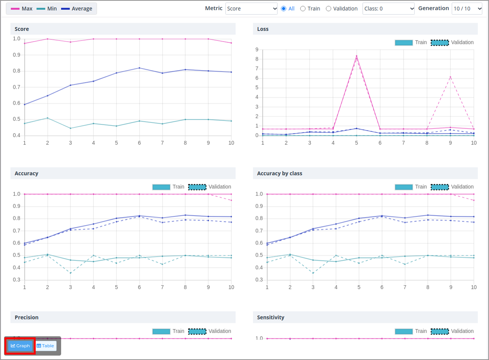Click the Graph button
[20, 346]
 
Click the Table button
[45, 346]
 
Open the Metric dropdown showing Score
[251, 9]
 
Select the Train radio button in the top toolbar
[303, 9]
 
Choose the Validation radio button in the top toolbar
[329, 9]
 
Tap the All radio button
[284, 9]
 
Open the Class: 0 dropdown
[388, 9]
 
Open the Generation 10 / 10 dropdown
[467, 9]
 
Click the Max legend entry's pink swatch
[15, 9]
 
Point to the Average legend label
[82, 9]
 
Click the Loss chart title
[263, 29]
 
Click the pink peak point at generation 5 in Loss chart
[356, 56]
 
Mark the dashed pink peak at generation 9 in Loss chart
[450, 77]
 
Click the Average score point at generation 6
[139, 68]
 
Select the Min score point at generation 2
[47, 118]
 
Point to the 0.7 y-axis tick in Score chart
[17, 87]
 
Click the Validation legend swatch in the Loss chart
[440, 43]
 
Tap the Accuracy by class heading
[280, 173]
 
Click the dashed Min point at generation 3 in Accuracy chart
[70, 273]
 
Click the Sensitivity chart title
[270, 317]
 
